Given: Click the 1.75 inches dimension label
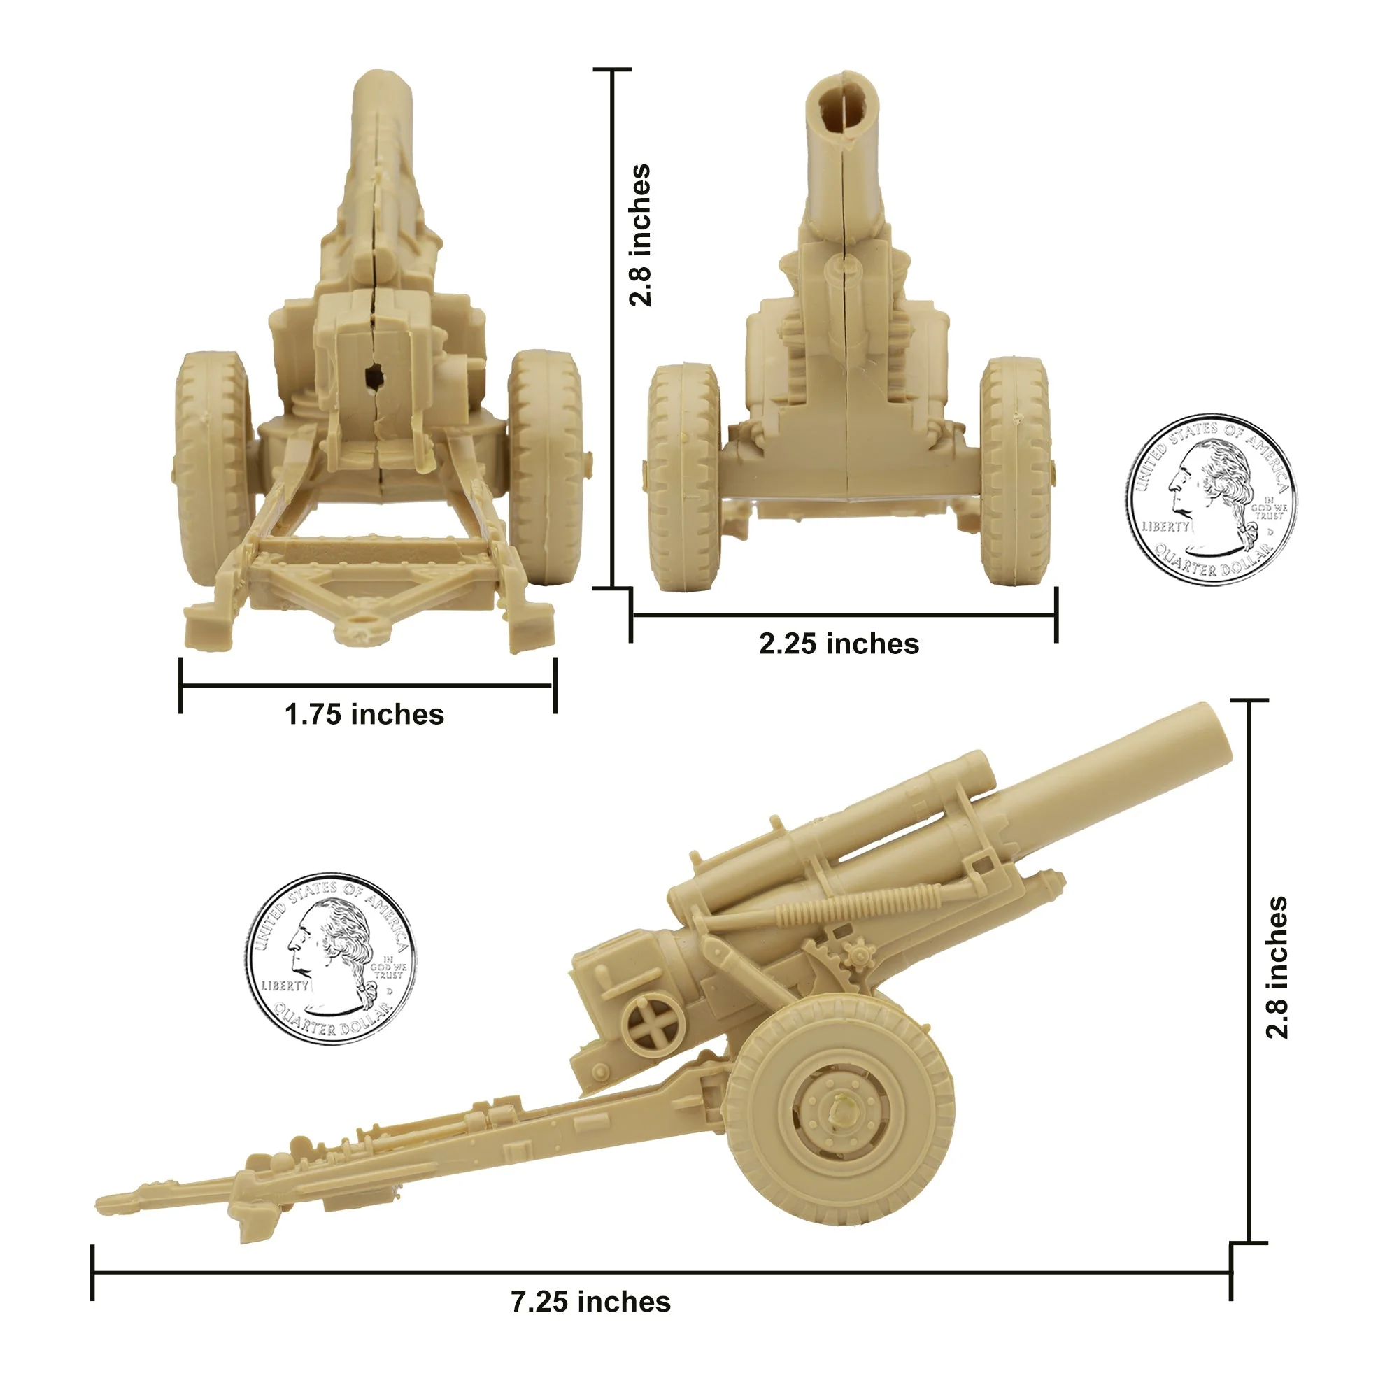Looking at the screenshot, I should tap(364, 715).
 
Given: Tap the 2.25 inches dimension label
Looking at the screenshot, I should tap(839, 644).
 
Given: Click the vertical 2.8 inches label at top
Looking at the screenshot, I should tap(640, 235).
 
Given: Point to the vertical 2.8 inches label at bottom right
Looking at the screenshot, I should tap(1277, 967).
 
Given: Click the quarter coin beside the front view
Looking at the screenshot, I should tap(1211, 499).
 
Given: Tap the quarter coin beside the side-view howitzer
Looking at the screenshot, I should tap(330, 959).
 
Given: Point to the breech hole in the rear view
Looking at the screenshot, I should tap(374, 376).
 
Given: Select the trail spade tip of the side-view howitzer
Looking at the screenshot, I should tap(116, 1202).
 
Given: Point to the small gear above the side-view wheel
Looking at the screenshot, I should tap(859, 955).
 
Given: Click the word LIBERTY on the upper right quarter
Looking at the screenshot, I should tap(1166, 527).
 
